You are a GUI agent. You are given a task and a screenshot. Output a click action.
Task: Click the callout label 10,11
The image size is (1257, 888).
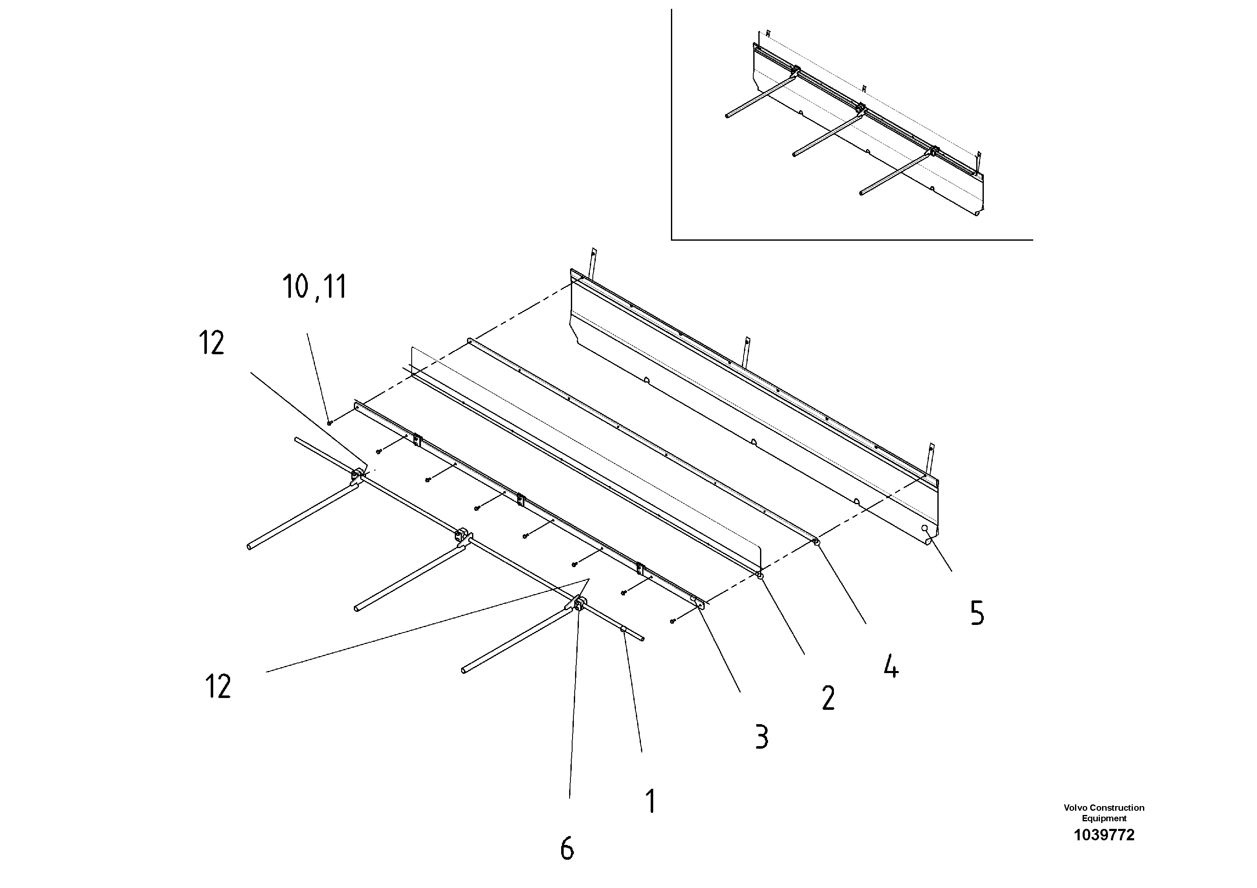click(x=314, y=287)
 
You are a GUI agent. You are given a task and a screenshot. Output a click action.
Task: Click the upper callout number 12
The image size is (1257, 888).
click(x=211, y=344)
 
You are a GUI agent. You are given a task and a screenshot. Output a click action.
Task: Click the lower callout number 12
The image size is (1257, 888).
click(x=218, y=687)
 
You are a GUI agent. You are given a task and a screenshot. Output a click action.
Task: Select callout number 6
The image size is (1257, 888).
click(x=567, y=849)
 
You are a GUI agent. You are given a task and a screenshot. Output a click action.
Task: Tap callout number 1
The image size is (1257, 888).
click(x=650, y=801)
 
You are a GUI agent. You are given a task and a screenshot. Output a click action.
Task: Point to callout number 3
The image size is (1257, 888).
click(x=762, y=736)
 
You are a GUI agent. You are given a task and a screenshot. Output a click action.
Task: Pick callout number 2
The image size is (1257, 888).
click(x=828, y=698)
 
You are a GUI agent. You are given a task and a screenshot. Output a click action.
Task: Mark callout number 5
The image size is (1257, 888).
click(x=977, y=613)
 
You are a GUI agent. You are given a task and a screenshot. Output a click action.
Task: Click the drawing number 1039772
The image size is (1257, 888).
click(x=1104, y=835)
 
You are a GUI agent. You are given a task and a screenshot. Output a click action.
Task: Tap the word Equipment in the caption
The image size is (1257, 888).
click(x=1104, y=818)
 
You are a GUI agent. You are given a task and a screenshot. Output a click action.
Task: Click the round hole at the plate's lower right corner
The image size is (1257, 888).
click(x=925, y=529)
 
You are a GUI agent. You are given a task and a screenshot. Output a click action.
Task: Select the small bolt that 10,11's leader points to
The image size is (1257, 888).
click(x=329, y=423)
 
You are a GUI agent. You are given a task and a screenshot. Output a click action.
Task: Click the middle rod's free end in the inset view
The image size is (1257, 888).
click(x=794, y=155)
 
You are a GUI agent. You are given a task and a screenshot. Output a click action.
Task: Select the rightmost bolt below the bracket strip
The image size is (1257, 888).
click(x=673, y=621)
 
